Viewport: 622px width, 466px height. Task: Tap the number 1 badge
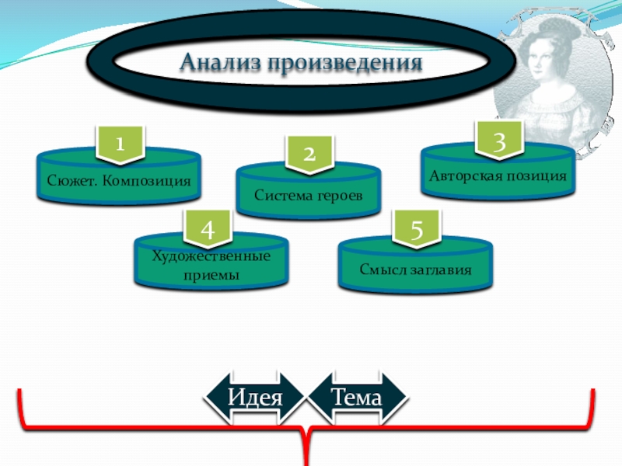tap(119, 144)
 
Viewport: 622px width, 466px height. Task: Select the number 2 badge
tap(309, 154)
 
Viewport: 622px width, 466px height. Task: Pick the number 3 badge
tap(499, 141)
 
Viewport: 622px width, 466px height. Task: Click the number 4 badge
tap(207, 228)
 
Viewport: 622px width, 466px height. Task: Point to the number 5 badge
tap(417, 229)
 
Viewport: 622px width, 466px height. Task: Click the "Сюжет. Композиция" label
tap(118, 180)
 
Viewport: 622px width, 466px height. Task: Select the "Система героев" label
tap(309, 193)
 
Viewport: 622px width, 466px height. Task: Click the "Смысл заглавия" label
tap(416, 270)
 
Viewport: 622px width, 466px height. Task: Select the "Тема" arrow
tap(358, 398)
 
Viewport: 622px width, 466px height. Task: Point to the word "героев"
tap(340, 193)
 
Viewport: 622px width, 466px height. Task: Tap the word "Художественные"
tap(211, 256)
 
